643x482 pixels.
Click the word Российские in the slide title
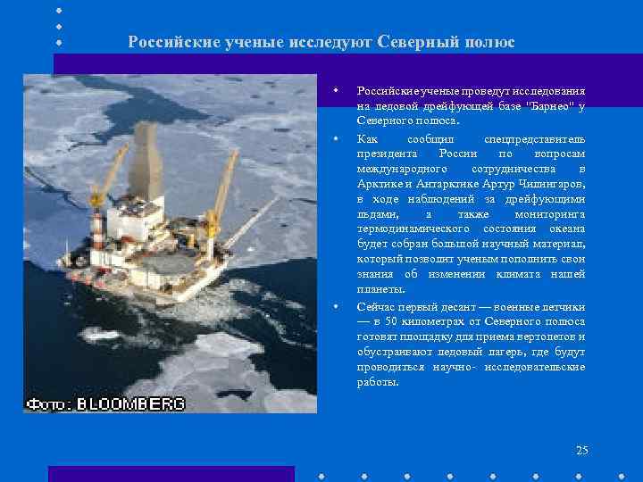click(170, 42)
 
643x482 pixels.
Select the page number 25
click(582, 451)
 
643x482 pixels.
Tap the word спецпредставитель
click(534, 138)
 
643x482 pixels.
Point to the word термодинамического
click(408, 229)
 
